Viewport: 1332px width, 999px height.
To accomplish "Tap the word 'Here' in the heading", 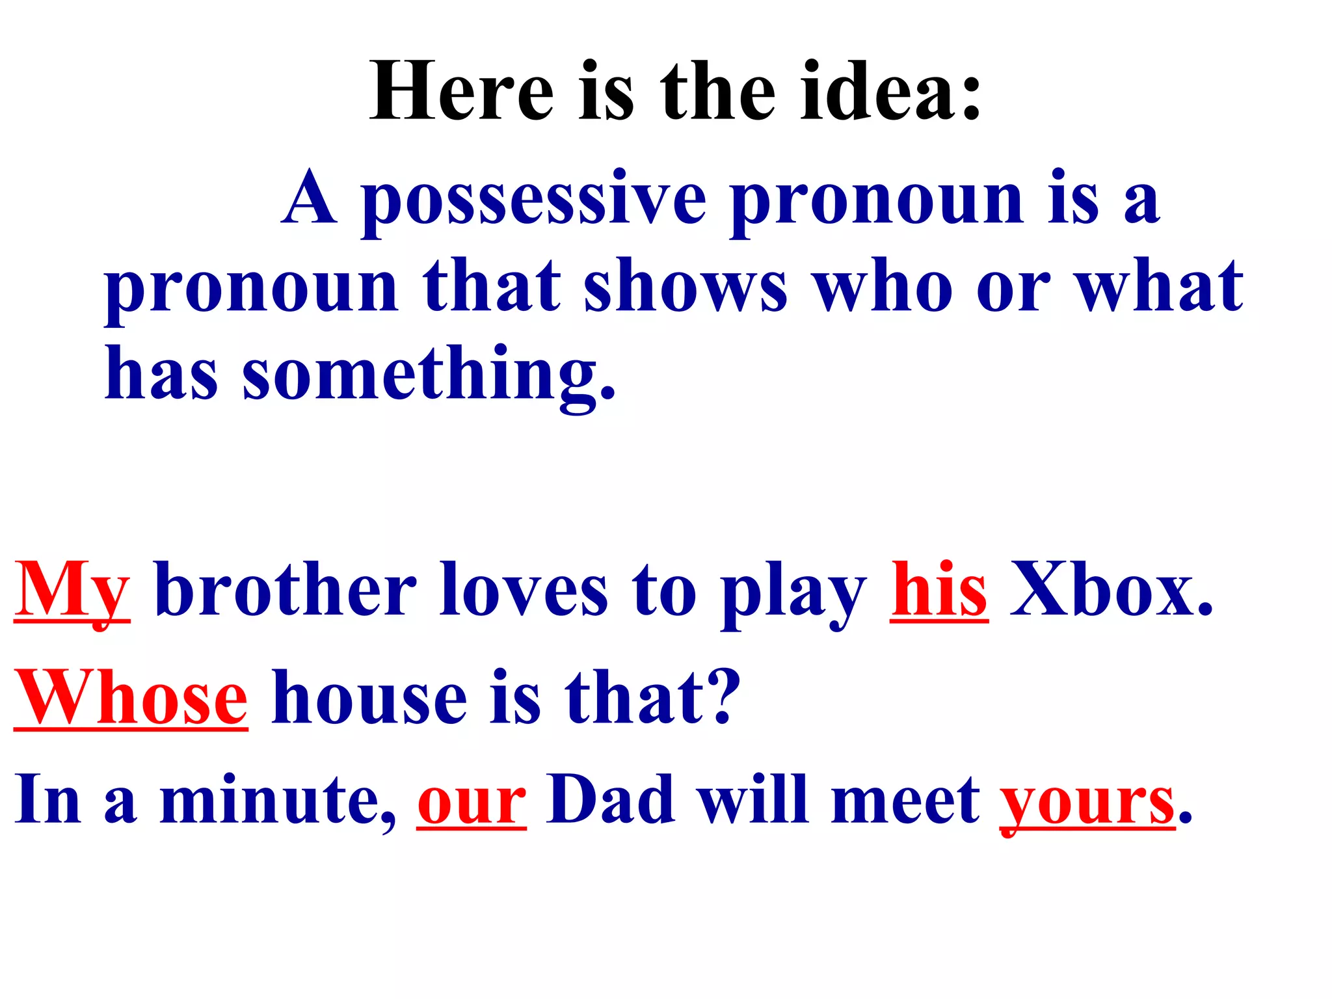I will (x=462, y=91).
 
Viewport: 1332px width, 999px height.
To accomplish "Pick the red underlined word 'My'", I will (x=72, y=591).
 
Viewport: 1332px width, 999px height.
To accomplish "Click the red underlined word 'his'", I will (x=939, y=591).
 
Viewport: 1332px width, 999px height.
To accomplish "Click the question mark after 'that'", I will (x=722, y=697).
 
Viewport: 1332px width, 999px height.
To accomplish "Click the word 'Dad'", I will (x=610, y=800).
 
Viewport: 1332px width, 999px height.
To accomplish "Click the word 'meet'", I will (x=905, y=800).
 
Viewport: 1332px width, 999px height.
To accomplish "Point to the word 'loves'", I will (x=524, y=591).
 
